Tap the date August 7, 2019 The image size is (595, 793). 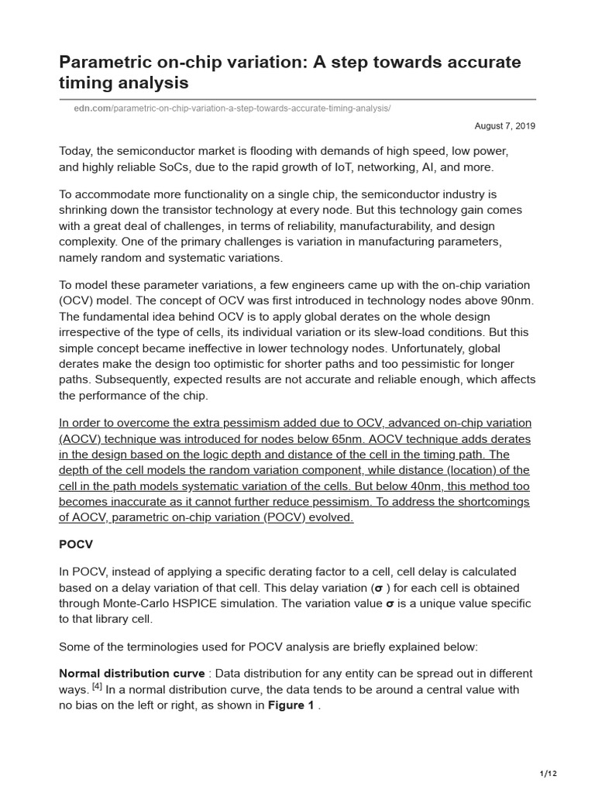(x=504, y=125)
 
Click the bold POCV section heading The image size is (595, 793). (x=76, y=544)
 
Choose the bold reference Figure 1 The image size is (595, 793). (x=291, y=705)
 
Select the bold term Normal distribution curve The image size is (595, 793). (x=132, y=674)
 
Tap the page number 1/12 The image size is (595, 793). (x=548, y=774)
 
